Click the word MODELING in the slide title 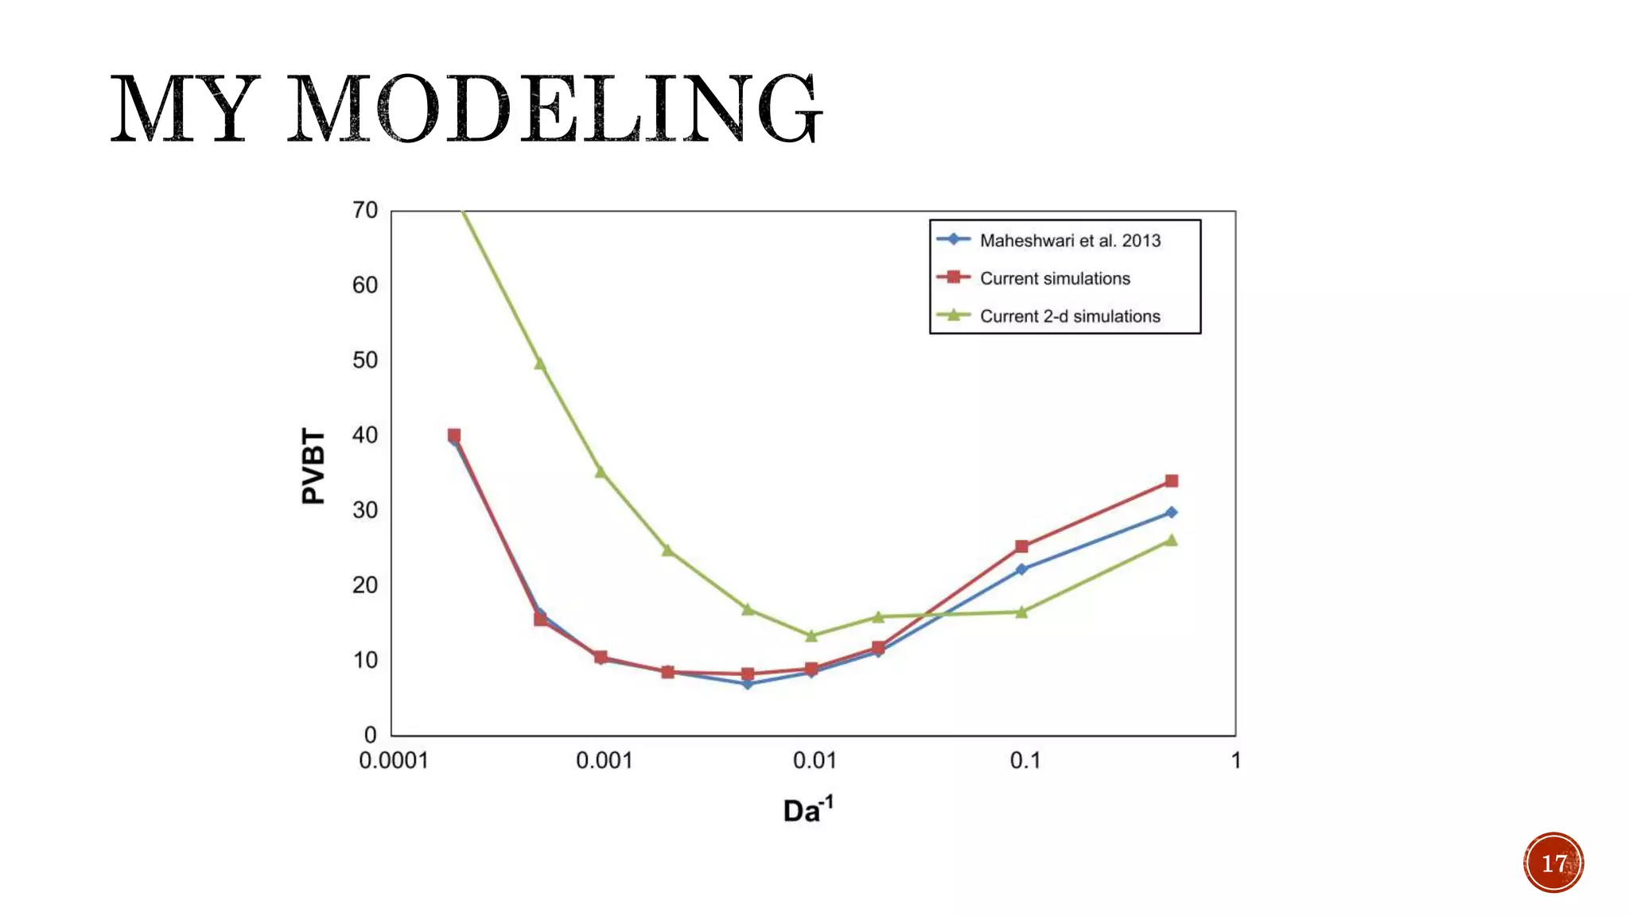pyautogui.click(x=554, y=109)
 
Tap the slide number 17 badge pyautogui.click(x=1553, y=863)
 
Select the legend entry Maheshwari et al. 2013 pyautogui.click(x=1069, y=240)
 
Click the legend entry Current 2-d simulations pyautogui.click(x=1069, y=316)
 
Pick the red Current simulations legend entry pyautogui.click(x=1054, y=278)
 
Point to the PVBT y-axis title pyautogui.click(x=313, y=466)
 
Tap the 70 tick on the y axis pyautogui.click(x=365, y=210)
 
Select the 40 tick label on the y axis pyautogui.click(x=365, y=435)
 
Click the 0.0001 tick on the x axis pyautogui.click(x=393, y=761)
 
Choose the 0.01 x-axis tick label pyautogui.click(x=814, y=761)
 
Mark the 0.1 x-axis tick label pyautogui.click(x=1024, y=761)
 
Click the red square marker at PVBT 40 pyautogui.click(x=454, y=435)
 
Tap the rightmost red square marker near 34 pyautogui.click(x=1171, y=481)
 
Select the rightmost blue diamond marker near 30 pyautogui.click(x=1171, y=512)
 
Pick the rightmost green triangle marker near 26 pyautogui.click(x=1171, y=541)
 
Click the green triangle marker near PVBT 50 pyautogui.click(x=540, y=363)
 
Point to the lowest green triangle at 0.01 pyautogui.click(x=811, y=635)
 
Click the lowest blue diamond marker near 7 pyautogui.click(x=748, y=684)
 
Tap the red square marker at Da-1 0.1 pyautogui.click(x=1021, y=546)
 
